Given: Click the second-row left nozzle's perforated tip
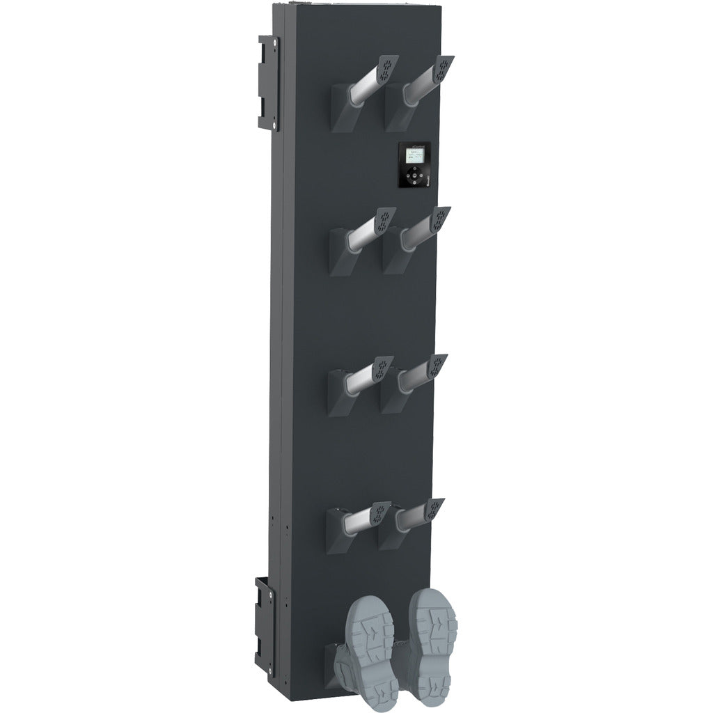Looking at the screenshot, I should pyautogui.click(x=385, y=221).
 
